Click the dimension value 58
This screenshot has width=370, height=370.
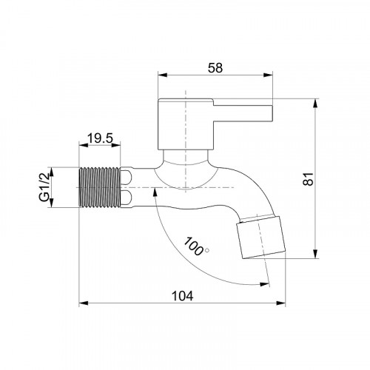pyautogui.click(x=215, y=68)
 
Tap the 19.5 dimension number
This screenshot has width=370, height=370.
pyautogui.click(x=100, y=138)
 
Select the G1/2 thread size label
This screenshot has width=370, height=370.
pyautogui.click(x=44, y=188)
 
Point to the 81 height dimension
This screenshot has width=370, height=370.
pyautogui.click(x=309, y=179)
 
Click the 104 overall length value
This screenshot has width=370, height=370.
pyautogui.click(x=182, y=296)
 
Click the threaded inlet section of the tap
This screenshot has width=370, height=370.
pyautogui.click(x=100, y=187)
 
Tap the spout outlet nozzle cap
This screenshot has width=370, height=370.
pyautogui.click(x=261, y=237)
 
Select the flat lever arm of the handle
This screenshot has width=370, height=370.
pyautogui.click(x=243, y=114)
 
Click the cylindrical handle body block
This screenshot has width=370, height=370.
pyautogui.click(x=186, y=124)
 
